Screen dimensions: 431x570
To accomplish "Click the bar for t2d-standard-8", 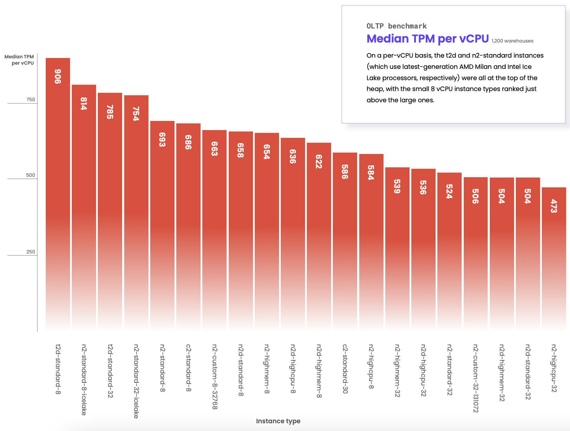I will tap(58, 193).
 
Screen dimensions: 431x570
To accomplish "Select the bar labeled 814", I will tap(84, 207).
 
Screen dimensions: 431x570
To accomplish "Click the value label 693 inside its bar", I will tap(162, 140).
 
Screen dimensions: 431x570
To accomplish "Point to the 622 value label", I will tap(319, 161).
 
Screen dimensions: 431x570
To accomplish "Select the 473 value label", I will tap(554, 206).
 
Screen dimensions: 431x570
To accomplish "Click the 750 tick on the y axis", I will tap(31, 99).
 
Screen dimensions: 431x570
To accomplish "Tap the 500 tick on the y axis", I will tap(31, 175).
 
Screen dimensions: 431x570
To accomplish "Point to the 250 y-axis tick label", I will tap(31, 252).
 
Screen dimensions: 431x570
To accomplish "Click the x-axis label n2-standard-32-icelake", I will tap(136, 381).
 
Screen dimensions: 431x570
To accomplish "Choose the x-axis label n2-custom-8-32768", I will tap(215, 377).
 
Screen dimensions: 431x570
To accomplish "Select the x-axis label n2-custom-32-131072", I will tap(475, 378).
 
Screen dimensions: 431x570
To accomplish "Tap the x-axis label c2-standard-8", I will tap(189, 368).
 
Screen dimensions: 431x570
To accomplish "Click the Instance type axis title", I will tap(278, 421).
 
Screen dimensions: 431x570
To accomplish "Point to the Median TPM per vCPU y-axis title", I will tap(19, 60).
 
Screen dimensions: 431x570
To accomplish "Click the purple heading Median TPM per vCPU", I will tap(427, 39).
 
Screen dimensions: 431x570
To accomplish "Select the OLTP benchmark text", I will tap(397, 26).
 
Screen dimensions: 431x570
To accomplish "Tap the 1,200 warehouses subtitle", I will tap(512, 41).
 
